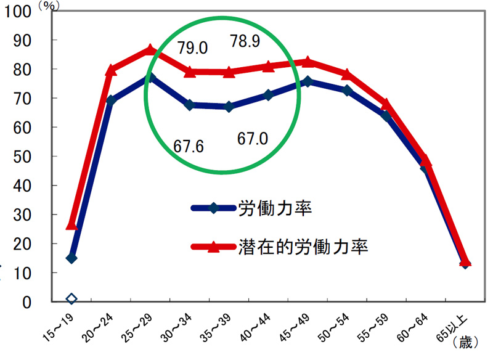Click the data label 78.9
pyautogui.click(x=245, y=41)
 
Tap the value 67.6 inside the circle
pyautogui.click(x=189, y=147)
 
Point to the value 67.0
pyautogui.click(x=253, y=139)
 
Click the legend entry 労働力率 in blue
pyautogui.click(x=274, y=208)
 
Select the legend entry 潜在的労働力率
pyautogui.click(x=303, y=247)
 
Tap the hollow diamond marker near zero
pyautogui.click(x=71, y=299)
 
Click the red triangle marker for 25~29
pyautogui.click(x=150, y=49)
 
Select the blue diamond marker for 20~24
pyautogui.click(x=111, y=100)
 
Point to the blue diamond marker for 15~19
pyautogui.click(x=71, y=258)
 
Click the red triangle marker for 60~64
pyautogui.click(x=425, y=160)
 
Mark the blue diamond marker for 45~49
pyautogui.click(x=308, y=81)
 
